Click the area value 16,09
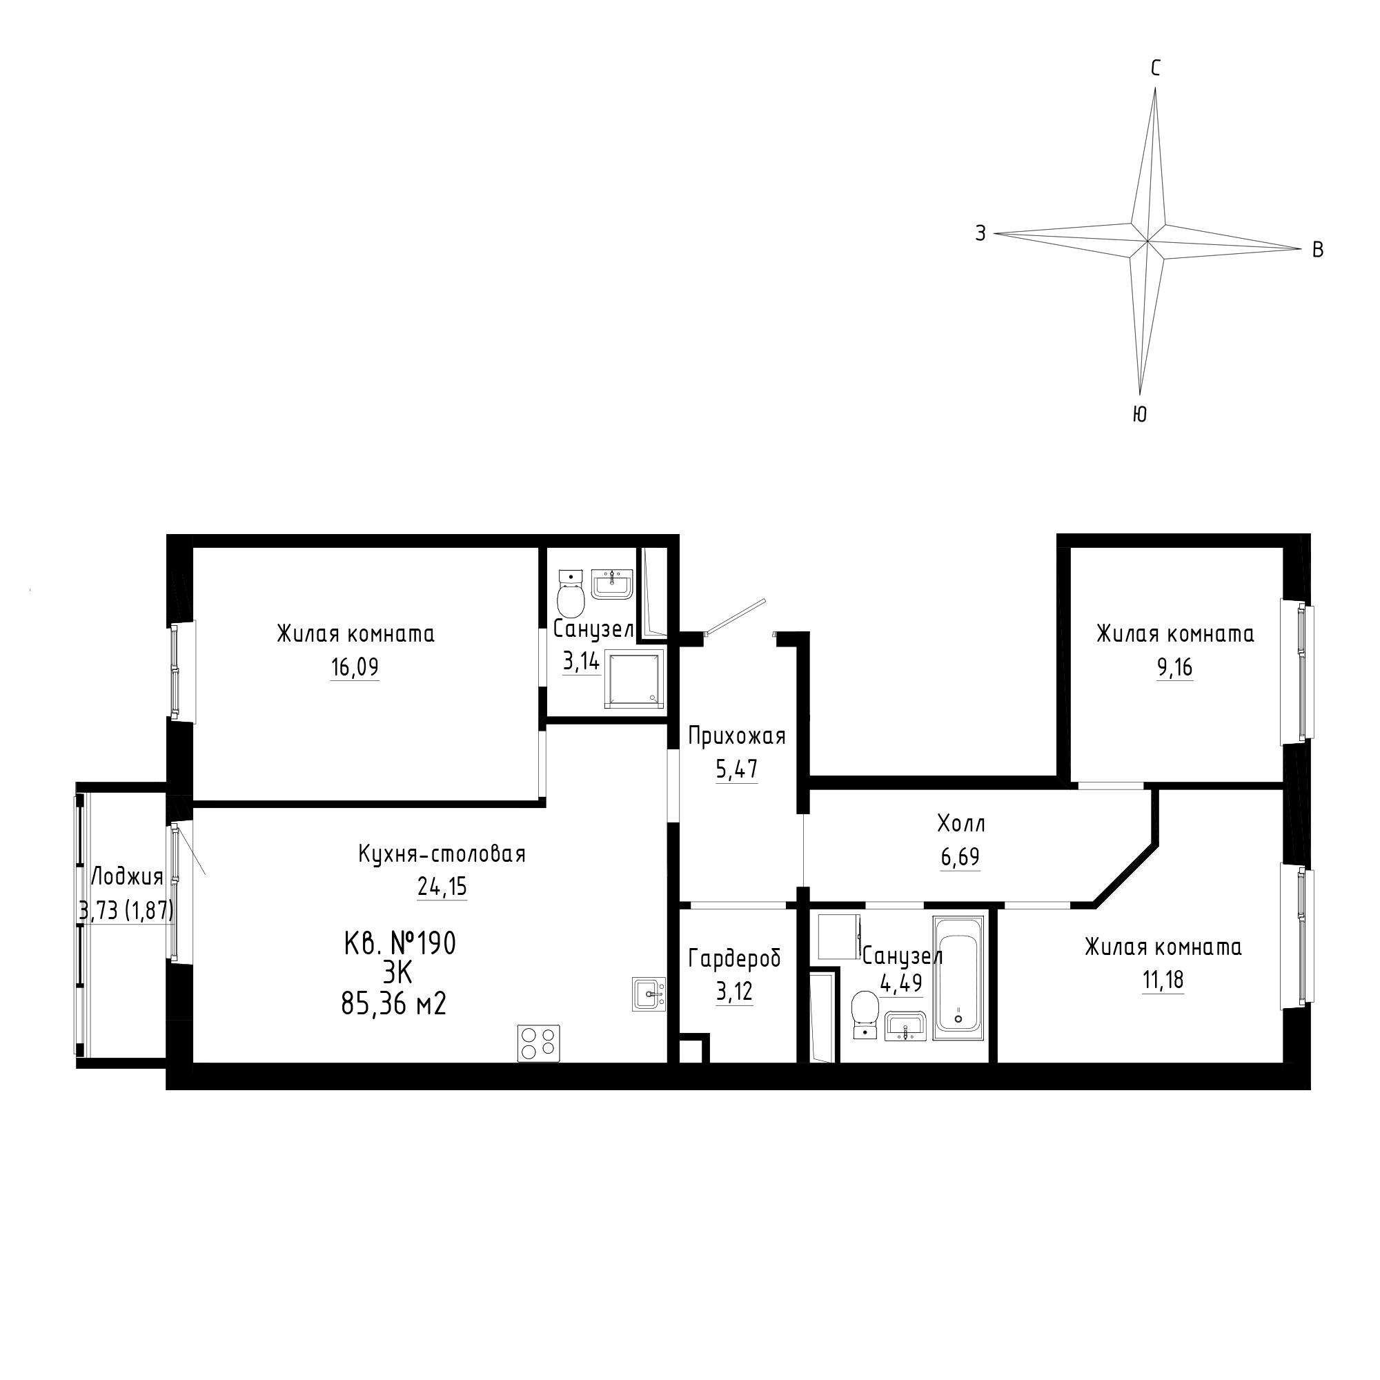click(x=354, y=667)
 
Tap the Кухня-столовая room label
click(x=442, y=854)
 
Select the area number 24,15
click(x=442, y=887)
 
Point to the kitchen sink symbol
click(x=649, y=994)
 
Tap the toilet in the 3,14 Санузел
click(x=571, y=595)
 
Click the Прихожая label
click(x=736, y=736)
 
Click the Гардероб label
click(x=734, y=959)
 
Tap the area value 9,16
click(x=1175, y=667)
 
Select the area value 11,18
click(x=1163, y=980)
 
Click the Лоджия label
click(x=128, y=876)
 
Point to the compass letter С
click(x=1155, y=68)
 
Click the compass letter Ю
click(x=1140, y=414)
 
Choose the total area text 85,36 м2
click(x=393, y=1005)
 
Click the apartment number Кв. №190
click(x=400, y=945)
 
